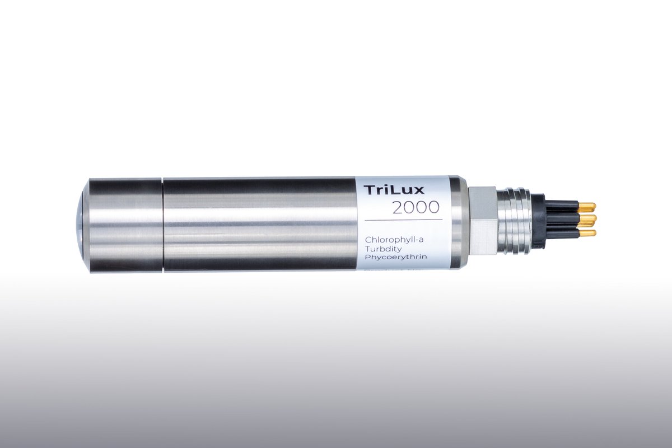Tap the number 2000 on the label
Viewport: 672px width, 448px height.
(416, 207)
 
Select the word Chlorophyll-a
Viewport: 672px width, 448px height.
(394, 241)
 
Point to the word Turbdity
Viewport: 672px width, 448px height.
(383, 249)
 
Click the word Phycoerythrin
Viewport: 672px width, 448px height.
(396, 257)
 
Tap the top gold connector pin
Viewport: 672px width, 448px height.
(587, 207)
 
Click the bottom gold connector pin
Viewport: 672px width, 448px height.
(587, 233)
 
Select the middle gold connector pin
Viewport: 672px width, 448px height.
(587, 220)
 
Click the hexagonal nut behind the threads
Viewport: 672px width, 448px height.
(482, 221)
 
